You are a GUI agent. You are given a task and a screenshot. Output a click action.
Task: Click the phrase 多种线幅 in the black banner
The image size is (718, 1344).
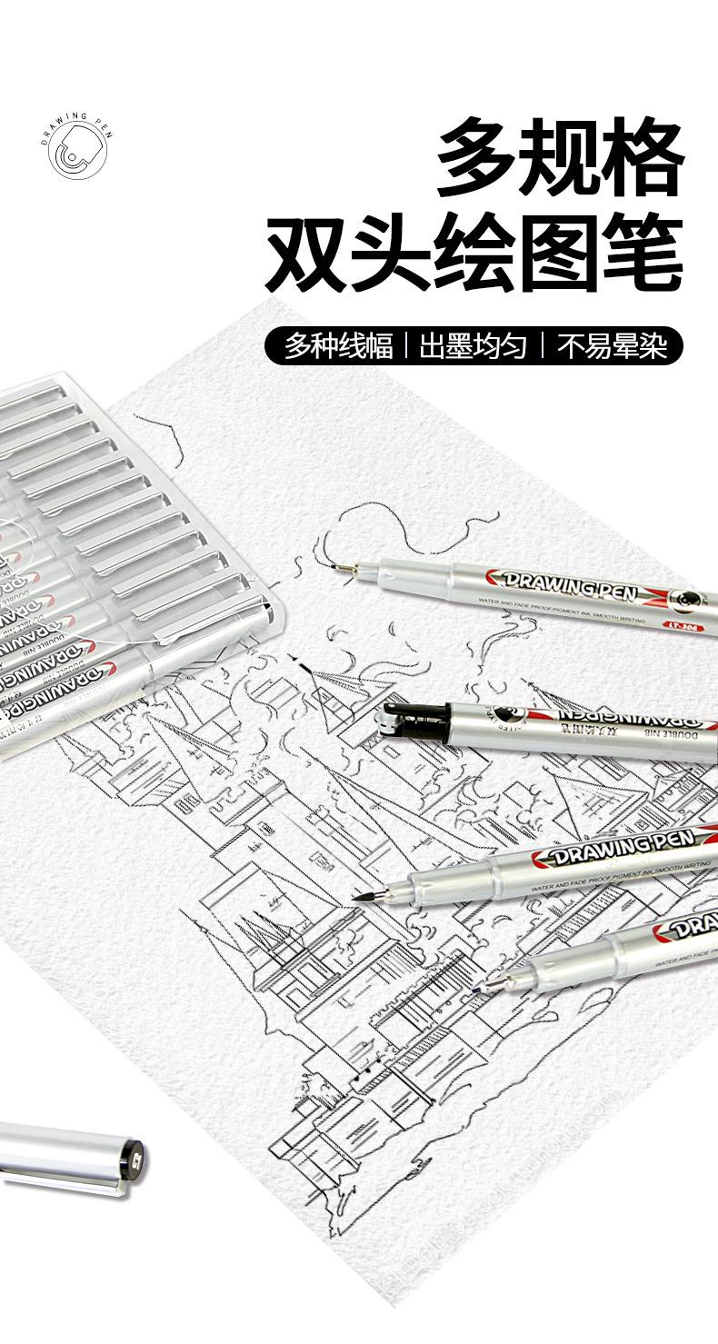point(338,345)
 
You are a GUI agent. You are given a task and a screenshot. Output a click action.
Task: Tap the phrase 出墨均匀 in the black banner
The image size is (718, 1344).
point(473,345)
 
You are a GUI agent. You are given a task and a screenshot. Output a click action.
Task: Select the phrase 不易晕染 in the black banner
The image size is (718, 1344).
point(612,345)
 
